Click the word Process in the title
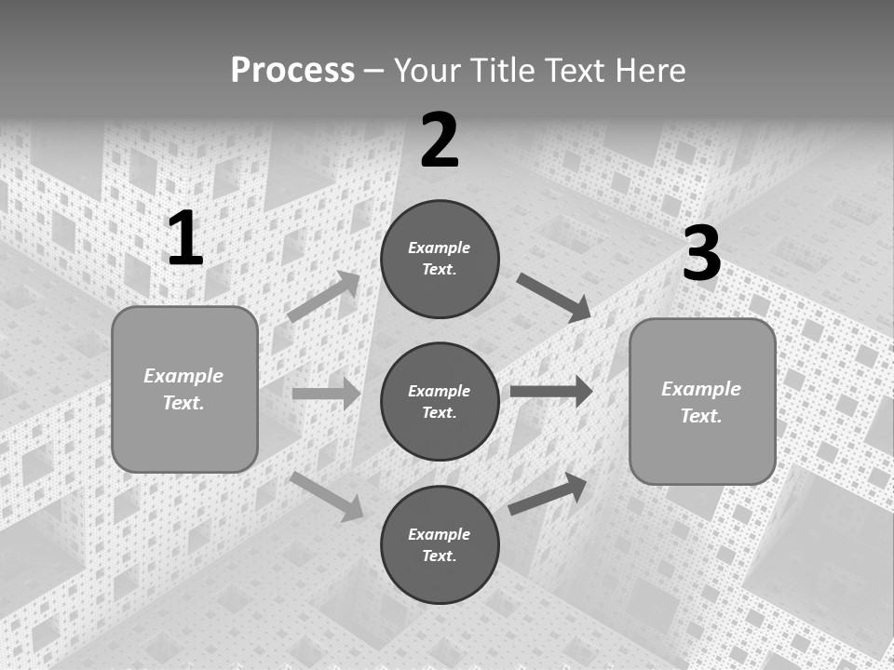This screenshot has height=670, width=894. click(292, 71)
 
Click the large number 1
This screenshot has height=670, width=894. click(185, 239)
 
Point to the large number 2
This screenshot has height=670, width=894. click(440, 141)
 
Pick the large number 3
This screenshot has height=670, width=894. click(701, 254)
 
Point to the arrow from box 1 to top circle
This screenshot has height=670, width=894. click(324, 297)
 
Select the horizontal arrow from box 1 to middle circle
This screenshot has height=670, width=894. click(326, 394)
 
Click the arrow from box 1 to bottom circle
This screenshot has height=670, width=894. click(327, 496)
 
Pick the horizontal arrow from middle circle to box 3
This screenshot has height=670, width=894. click(551, 391)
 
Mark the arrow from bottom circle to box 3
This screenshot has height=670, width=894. click(548, 493)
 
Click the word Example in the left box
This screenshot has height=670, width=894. click(183, 376)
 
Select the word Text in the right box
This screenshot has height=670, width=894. click(700, 416)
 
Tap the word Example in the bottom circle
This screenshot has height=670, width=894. click(440, 534)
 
